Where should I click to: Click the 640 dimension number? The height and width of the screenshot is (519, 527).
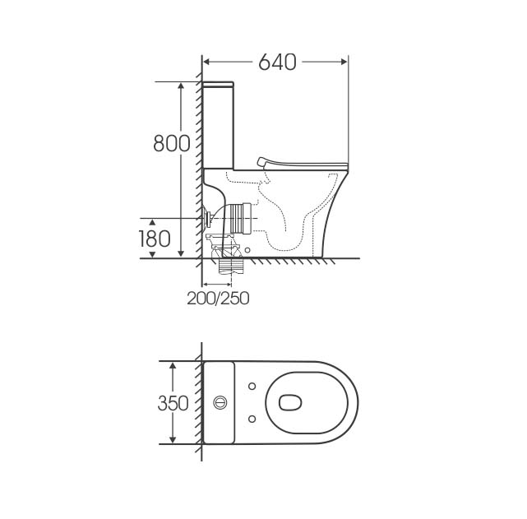[x=277, y=62]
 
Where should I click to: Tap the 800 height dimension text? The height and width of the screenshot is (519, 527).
[x=172, y=143]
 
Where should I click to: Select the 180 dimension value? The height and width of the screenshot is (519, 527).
[x=155, y=239]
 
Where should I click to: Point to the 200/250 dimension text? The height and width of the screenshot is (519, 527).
[x=218, y=298]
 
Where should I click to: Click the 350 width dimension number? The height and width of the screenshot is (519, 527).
[x=173, y=403]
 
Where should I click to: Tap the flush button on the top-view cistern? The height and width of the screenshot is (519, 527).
[x=220, y=402]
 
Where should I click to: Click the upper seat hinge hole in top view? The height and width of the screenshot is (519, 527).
[x=252, y=387]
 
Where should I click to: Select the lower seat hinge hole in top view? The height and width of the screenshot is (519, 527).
[x=252, y=419]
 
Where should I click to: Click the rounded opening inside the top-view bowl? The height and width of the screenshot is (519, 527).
[x=290, y=402]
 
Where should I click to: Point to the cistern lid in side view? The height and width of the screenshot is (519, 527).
[x=218, y=84]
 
